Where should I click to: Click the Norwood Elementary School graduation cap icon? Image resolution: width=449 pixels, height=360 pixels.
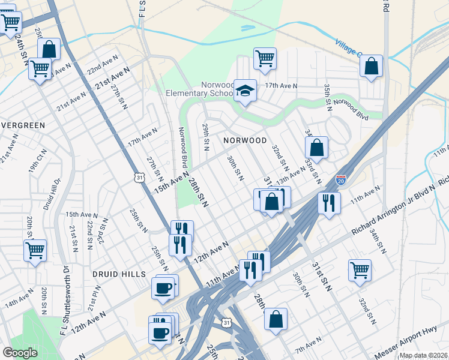pyautogui.click(x=245, y=91)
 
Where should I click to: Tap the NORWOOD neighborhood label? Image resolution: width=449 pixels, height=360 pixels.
pyautogui.click(x=245, y=140)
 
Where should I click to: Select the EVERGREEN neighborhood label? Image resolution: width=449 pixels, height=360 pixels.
pyautogui.click(x=23, y=125)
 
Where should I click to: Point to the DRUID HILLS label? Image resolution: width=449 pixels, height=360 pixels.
pyautogui.click(x=119, y=274)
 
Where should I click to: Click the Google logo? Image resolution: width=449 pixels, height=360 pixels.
pyautogui.click(x=20, y=352)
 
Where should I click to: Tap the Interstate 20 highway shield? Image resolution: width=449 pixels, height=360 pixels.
pyautogui.click(x=341, y=179)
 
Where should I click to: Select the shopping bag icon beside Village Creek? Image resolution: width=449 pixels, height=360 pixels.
pyautogui.click(x=372, y=66)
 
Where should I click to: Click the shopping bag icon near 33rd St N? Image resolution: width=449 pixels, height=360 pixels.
pyautogui.click(x=316, y=148)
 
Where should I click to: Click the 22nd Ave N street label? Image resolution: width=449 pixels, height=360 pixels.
pyautogui.click(x=103, y=68)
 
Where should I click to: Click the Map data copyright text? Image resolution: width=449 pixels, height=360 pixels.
pyautogui.click(x=424, y=355)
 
